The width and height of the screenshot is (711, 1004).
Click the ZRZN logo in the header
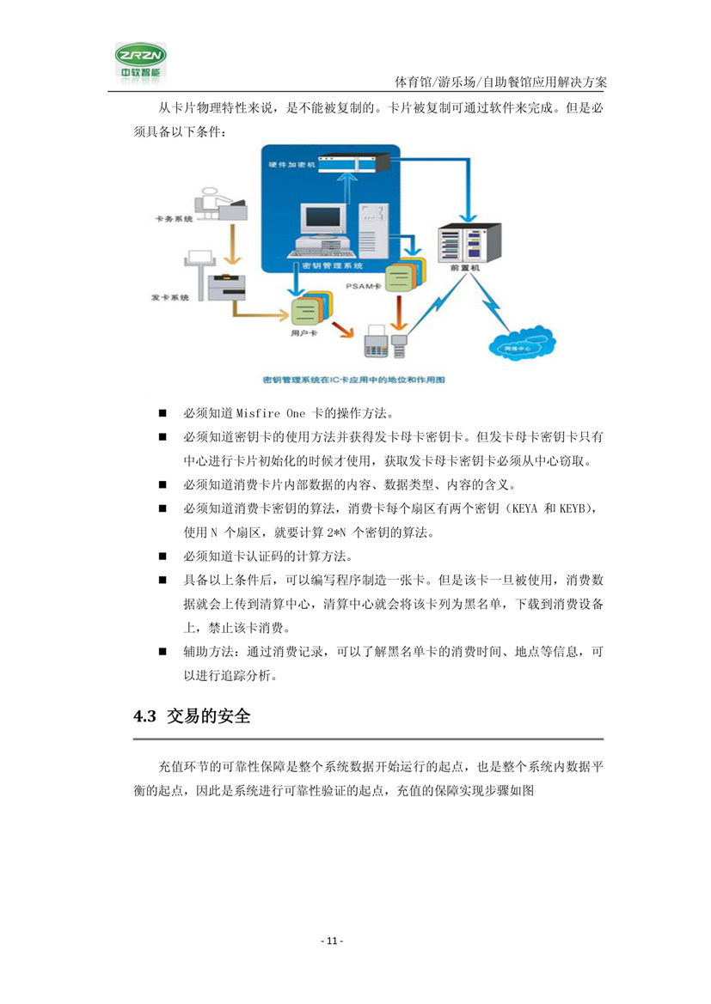point(143,61)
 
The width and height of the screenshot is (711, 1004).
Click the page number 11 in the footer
point(332,942)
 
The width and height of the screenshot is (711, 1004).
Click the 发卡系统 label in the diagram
point(170,297)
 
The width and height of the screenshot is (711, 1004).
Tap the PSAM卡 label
point(362,284)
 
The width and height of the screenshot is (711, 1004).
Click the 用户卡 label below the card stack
point(302,332)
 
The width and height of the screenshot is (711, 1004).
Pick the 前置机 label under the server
point(464,268)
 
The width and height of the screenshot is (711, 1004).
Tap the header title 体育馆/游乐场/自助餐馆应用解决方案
point(501,82)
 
